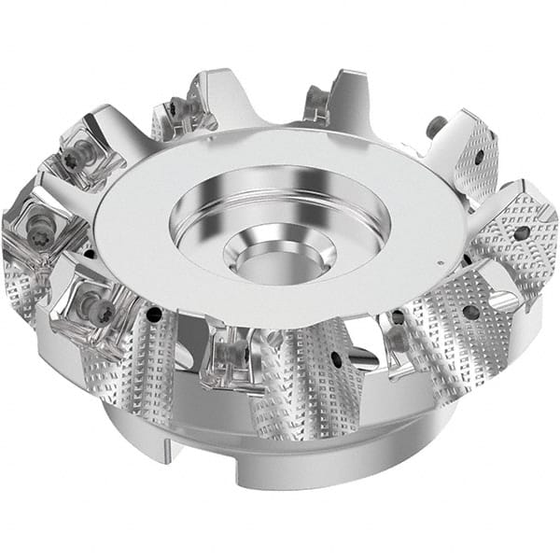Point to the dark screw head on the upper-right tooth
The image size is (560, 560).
pyautogui.click(x=434, y=123)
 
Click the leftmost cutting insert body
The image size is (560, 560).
pyautogui.click(x=28, y=233)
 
